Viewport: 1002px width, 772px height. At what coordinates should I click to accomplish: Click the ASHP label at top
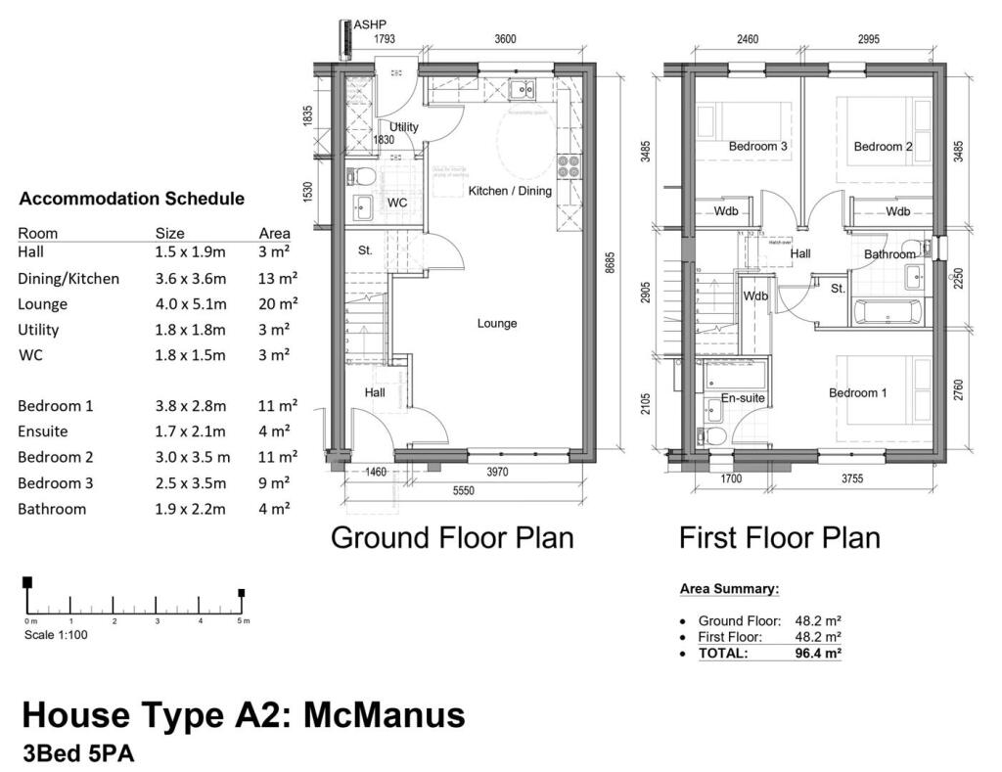point(369,24)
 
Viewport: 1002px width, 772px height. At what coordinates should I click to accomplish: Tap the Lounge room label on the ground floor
point(497,323)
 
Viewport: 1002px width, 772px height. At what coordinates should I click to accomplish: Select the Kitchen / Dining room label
point(510,191)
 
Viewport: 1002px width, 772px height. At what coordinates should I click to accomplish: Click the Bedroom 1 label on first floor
point(858,393)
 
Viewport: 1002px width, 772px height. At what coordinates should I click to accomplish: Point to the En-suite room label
point(743,398)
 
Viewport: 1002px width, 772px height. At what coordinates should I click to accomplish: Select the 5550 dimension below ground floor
point(463,491)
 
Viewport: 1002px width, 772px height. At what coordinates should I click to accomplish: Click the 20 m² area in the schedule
point(278,304)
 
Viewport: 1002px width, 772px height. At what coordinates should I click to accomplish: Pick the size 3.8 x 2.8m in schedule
point(190,406)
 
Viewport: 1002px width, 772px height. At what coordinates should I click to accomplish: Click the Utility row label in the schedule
point(38,330)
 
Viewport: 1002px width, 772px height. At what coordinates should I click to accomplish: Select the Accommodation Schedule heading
point(131,199)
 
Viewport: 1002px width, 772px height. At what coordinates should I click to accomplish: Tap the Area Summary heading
point(729,589)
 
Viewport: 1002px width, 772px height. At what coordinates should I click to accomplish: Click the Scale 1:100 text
point(58,635)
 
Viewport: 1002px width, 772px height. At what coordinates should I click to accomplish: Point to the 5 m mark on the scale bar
point(242,593)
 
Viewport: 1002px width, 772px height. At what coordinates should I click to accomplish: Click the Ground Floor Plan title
point(452,537)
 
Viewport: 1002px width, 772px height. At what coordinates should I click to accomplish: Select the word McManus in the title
point(385,715)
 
